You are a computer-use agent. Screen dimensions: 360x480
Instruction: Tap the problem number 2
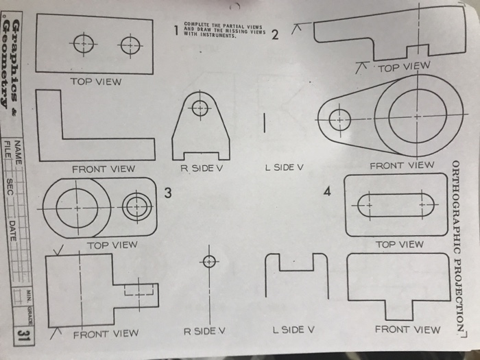pos(275,36)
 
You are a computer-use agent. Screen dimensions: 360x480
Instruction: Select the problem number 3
pos(167,193)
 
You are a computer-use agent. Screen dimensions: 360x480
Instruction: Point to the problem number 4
pos(328,192)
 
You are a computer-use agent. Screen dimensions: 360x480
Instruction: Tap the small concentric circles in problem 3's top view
pos(137,206)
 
